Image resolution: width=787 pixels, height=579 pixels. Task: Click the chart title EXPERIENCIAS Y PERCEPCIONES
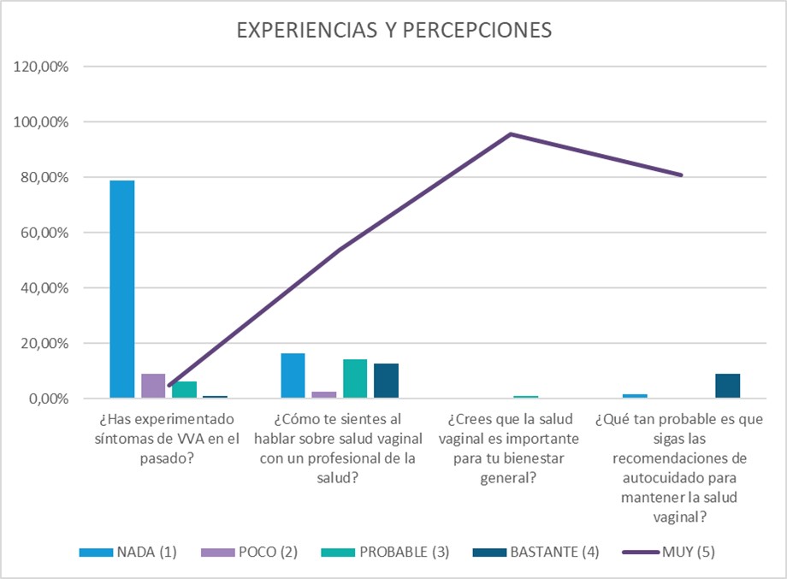click(x=393, y=30)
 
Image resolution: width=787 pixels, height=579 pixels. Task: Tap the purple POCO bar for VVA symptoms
click(x=153, y=386)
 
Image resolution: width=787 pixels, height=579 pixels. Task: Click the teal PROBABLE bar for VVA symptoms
click(x=184, y=390)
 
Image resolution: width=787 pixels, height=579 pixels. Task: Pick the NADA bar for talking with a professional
click(x=293, y=375)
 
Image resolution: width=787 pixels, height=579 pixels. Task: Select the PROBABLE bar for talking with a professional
click(x=355, y=379)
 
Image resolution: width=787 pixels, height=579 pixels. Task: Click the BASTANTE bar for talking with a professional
click(x=386, y=381)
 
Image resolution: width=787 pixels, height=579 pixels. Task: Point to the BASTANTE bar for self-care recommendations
click(x=727, y=386)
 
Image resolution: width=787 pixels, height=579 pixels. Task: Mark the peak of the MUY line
click(x=511, y=134)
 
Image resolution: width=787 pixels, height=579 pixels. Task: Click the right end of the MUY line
click(x=682, y=175)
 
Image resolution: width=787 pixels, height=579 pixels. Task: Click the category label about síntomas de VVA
click(x=169, y=439)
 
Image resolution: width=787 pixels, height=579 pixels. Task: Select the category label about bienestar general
click(x=509, y=448)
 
